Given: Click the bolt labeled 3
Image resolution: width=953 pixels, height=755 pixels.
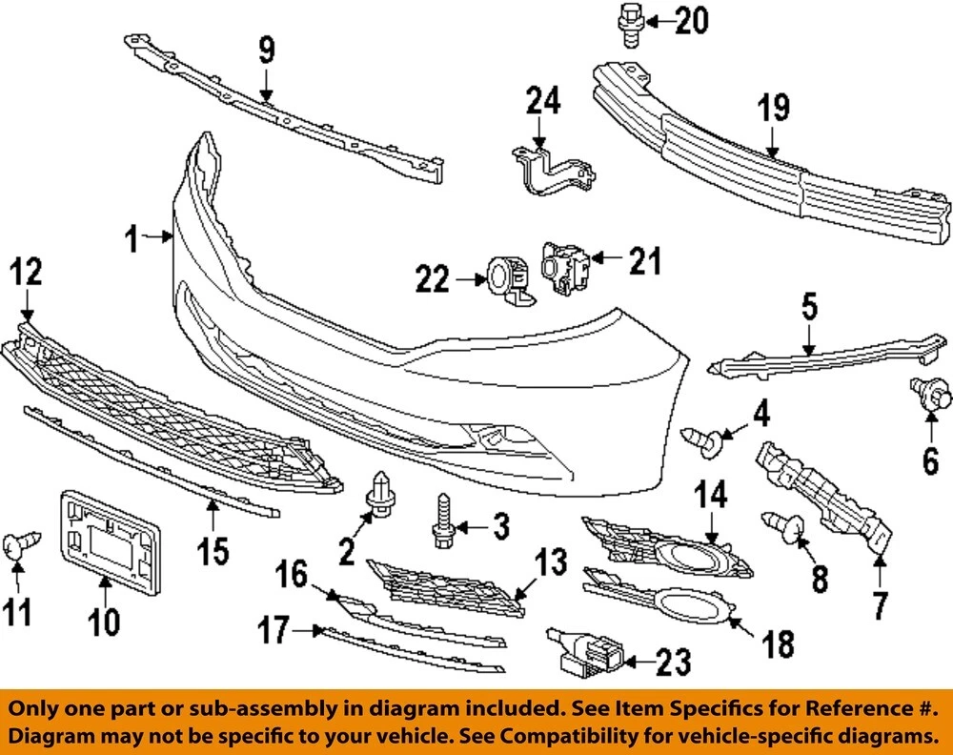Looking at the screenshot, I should (443, 522).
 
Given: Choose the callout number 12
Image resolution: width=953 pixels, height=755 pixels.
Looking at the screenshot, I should (26, 275).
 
